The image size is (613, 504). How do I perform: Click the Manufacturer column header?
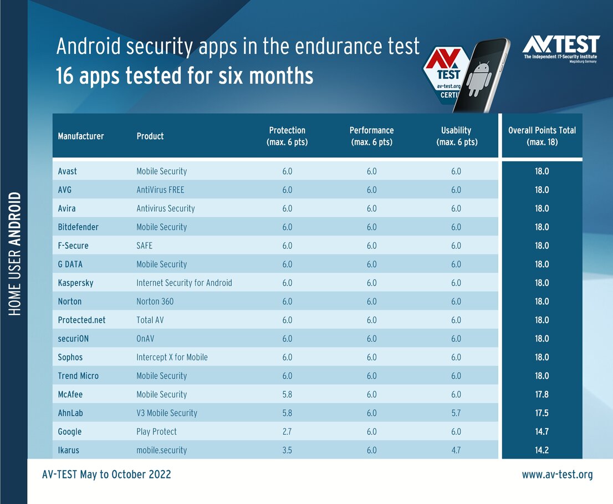81,136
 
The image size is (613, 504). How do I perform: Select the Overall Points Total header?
542,136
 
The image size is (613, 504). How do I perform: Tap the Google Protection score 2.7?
287,431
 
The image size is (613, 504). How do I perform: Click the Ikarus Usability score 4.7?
456,450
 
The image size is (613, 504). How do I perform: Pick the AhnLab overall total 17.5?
542,413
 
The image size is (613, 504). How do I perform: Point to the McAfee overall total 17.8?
542,394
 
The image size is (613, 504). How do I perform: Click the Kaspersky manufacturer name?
75,283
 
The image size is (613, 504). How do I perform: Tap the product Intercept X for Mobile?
172,357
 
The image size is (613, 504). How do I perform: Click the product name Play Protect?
157,431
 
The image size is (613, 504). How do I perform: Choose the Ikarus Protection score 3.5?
287,450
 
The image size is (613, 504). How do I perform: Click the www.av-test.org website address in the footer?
557,475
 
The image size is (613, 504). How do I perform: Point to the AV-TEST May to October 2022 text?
106,475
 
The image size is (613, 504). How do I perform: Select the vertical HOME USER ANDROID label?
15,254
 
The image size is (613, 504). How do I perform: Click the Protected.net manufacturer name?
81,320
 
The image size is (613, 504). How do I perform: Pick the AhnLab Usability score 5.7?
456,413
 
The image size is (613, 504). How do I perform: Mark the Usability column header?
456,136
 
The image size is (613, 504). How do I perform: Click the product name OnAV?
147,339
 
